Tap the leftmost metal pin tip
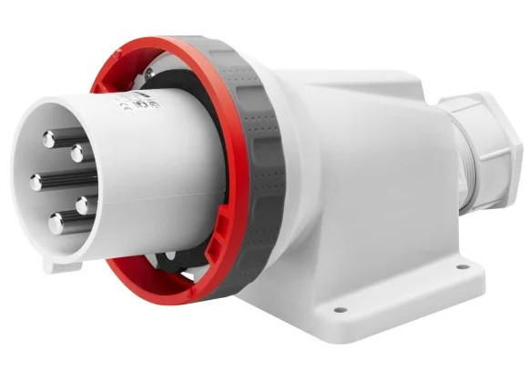coord(36,182)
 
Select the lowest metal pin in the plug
coord(56,220)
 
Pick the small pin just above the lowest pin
coord(82,205)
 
